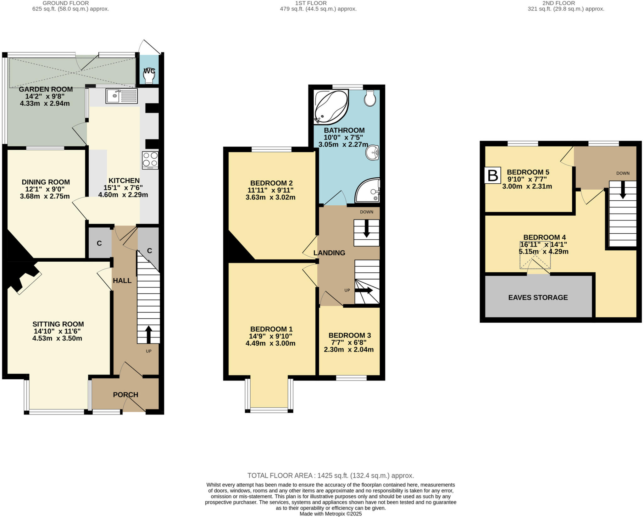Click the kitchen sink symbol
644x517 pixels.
(x=122, y=96)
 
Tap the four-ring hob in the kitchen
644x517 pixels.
(x=150, y=160)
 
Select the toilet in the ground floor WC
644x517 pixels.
(x=149, y=75)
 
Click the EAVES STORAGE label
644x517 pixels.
(x=538, y=297)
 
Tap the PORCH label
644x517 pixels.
(x=125, y=394)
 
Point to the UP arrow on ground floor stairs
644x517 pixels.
(x=148, y=334)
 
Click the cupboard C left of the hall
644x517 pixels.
(x=99, y=243)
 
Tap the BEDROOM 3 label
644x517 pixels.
(x=349, y=335)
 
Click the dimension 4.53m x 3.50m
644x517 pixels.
(x=57, y=338)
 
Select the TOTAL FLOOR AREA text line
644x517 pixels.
(x=330, y=475)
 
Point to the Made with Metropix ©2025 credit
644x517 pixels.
(x=330, y=514)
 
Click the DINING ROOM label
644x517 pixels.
(x=46, y=182)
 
